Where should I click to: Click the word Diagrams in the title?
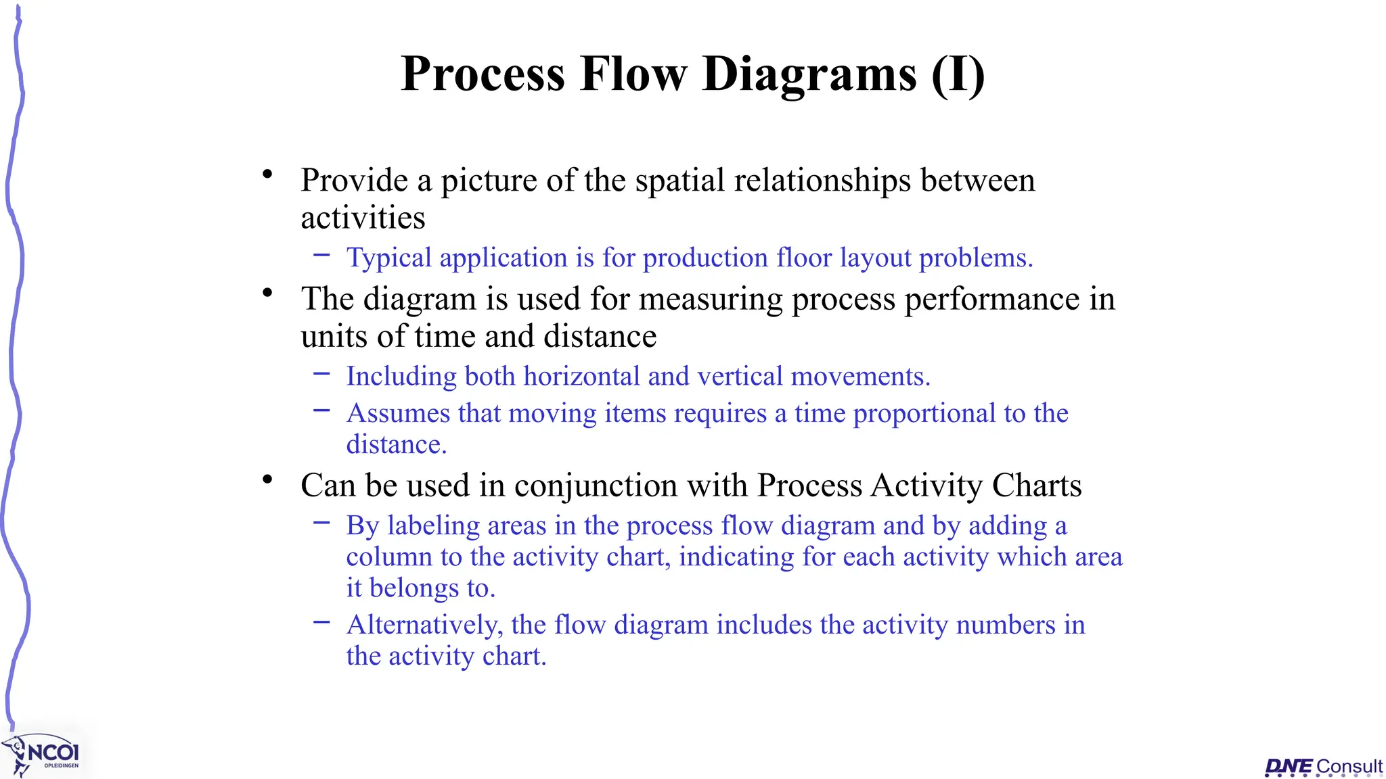[x=809, y=74]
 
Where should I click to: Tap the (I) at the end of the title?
[x=958, y=74]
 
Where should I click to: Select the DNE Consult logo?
[x=1323, y=767]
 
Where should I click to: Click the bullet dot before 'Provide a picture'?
[x=268, y=175]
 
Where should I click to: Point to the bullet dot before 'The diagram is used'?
[x=268, y=293]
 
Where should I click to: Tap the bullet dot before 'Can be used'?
[x=268, y=480]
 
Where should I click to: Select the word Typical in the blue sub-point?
[x=388, y=258]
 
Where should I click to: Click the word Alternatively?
[x=424, y=625]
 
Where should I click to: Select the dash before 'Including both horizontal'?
[x=321, y=373]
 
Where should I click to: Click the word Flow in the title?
[x=632, y=74]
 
